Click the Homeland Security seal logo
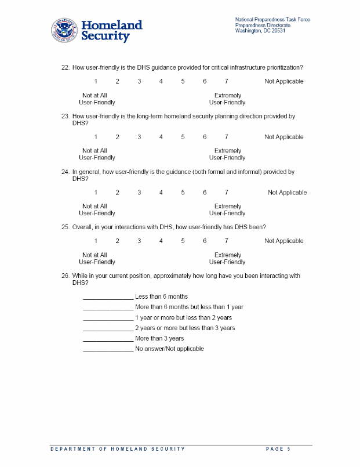coord(64,30)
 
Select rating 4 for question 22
coord(161,82)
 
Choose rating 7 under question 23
coord(226,137)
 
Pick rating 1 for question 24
coord(96,193)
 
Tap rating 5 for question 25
coord(183,241)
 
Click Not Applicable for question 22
coord(283,82)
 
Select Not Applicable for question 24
coord(287,193)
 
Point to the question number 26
coord(66,276)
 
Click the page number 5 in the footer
coord(288,449)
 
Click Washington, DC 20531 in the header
coord(260,31)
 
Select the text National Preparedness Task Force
coord(272,20)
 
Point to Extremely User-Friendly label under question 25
coord(227,259)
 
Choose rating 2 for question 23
coord(117,137)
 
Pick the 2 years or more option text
coord(185,328)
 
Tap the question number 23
coord(66,117)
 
